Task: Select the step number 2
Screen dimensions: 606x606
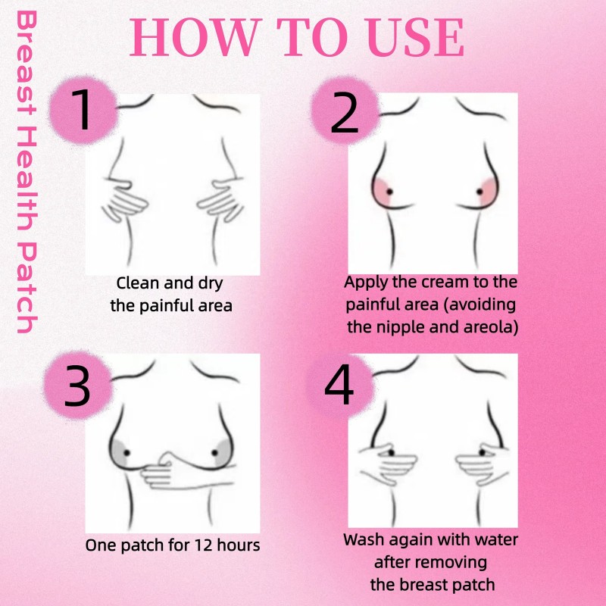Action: [345, 114]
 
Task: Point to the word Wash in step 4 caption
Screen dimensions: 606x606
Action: [363, 541]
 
